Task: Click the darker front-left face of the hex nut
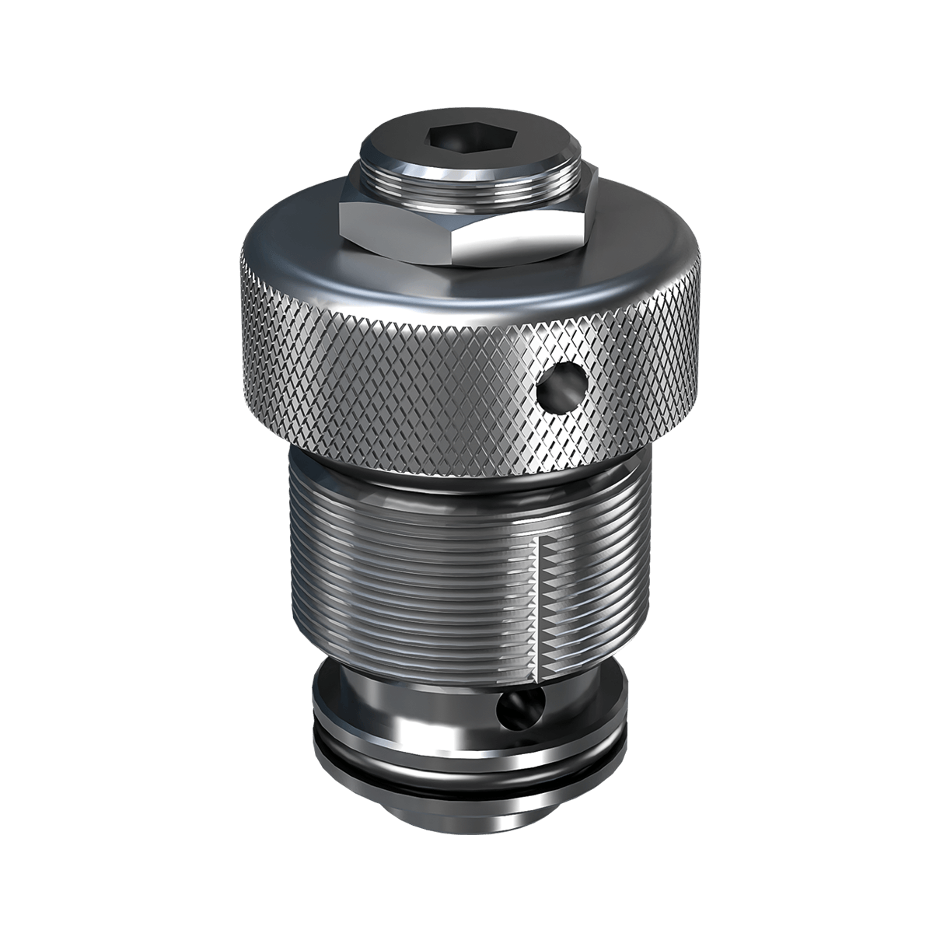(x=397, y=233)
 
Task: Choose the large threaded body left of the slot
(x=404, y=575)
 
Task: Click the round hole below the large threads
(x=514, y=708)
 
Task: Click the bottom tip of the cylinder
(x=466, y=824)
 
